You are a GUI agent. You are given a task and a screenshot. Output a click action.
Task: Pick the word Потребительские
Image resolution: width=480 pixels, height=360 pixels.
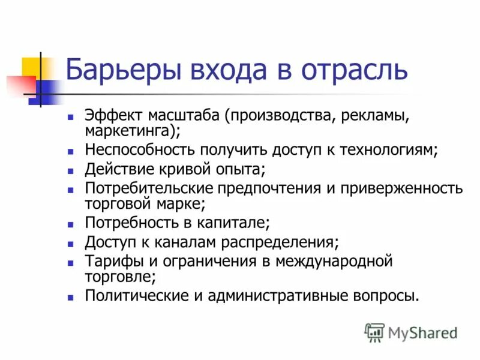click(151, 188)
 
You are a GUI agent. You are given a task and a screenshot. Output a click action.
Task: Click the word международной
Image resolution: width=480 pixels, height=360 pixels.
click(334, 262)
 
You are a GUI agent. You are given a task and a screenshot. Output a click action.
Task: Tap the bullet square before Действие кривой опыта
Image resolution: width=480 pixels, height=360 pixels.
click(71, 170)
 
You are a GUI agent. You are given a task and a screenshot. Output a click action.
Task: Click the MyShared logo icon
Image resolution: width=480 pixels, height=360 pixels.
click(374, 332)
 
